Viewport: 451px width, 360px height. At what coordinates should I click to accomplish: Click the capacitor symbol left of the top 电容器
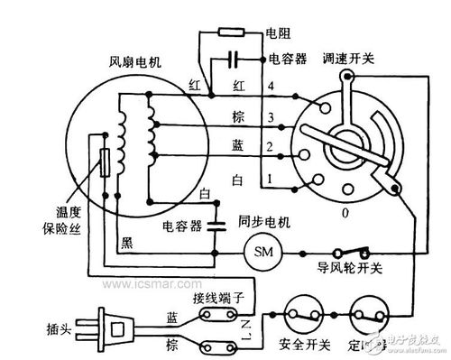[234, 60]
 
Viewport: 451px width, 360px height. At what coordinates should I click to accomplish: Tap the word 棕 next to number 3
[239, 118]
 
